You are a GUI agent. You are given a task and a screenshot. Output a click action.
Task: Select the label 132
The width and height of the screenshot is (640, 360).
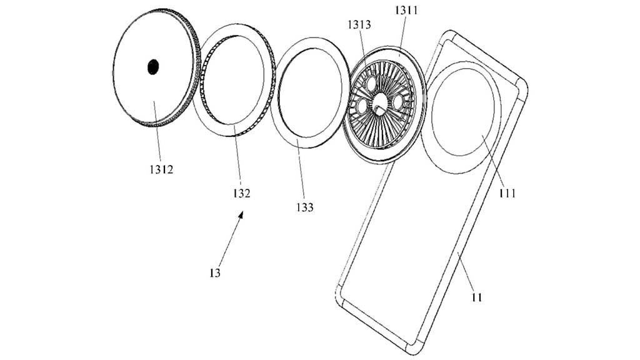pos(242,193)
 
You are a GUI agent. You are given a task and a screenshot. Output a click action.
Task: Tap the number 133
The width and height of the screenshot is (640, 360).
pos(306,206)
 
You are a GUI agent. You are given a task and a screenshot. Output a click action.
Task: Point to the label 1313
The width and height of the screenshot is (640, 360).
pos(361,25)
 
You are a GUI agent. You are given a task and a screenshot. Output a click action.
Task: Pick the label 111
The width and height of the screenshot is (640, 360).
pos(507,192)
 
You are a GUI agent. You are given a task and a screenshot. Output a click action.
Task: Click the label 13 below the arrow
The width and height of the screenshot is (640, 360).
pos(215,272)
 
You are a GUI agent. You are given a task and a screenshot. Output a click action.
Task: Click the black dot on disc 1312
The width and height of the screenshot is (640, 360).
pos(153,67)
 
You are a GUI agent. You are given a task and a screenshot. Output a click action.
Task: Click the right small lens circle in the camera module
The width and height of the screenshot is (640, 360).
pos(397,101)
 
